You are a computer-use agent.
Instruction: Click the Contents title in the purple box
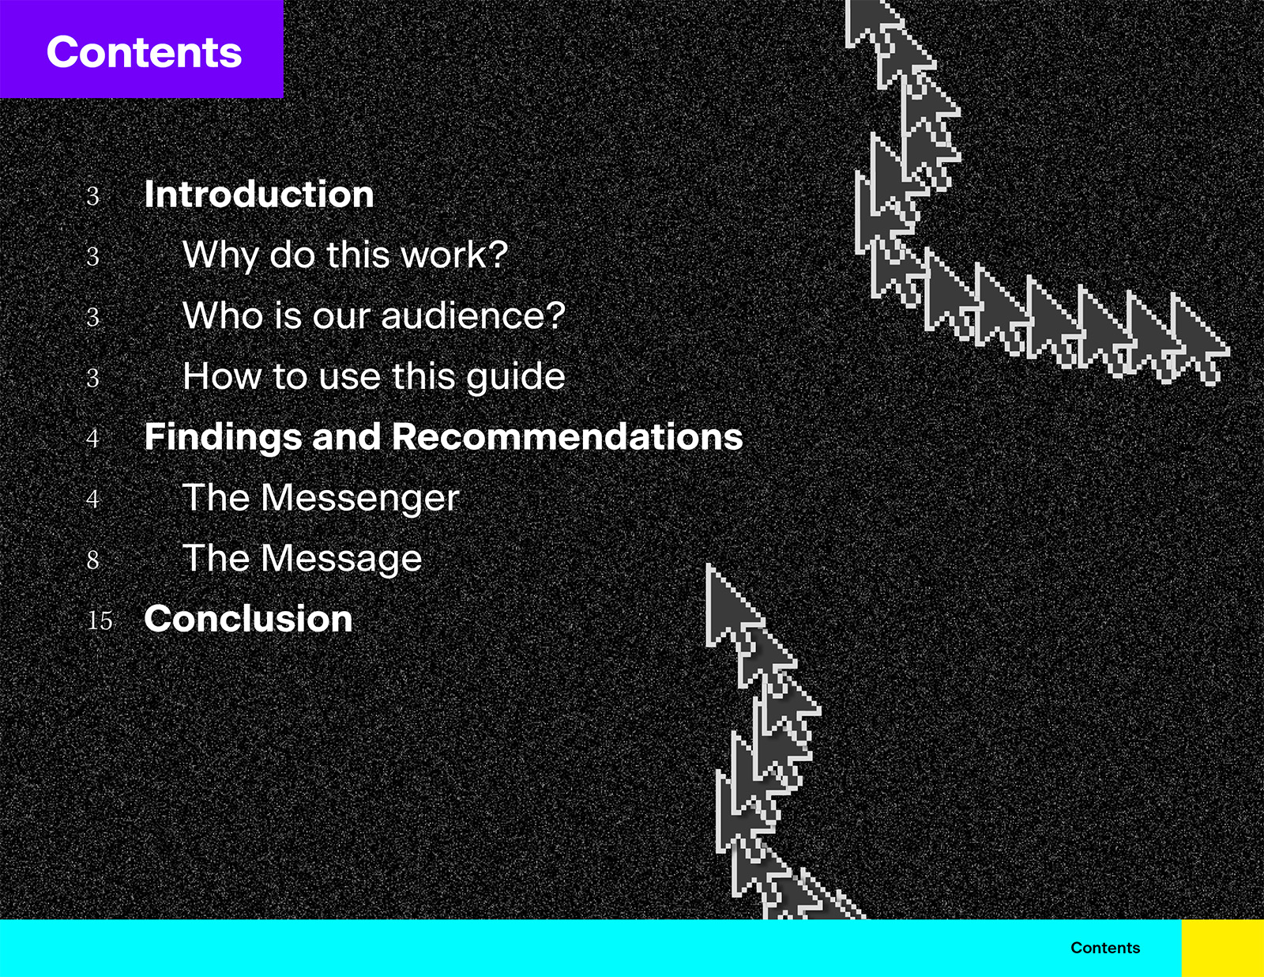144,52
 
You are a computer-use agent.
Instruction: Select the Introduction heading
259,194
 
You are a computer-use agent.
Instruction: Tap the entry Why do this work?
345,255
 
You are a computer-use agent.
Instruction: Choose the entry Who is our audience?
374,315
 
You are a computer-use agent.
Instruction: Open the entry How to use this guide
374,377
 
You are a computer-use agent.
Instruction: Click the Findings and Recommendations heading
444,437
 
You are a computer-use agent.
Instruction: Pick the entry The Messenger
321,498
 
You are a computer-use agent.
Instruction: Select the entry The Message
303,559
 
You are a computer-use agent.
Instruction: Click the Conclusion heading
248,619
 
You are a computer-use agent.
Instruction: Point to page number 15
100,621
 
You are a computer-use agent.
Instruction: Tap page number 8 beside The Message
92,560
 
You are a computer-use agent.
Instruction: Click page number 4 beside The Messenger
92,500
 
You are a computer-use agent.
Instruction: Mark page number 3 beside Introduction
92,196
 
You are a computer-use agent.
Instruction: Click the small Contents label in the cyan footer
1105,948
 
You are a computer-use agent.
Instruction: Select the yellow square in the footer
1223,948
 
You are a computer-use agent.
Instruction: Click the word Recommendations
568,437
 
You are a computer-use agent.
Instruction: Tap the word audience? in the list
473,315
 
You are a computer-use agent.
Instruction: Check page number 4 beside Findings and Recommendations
92,438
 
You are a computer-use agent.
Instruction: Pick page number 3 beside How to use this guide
92,378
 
